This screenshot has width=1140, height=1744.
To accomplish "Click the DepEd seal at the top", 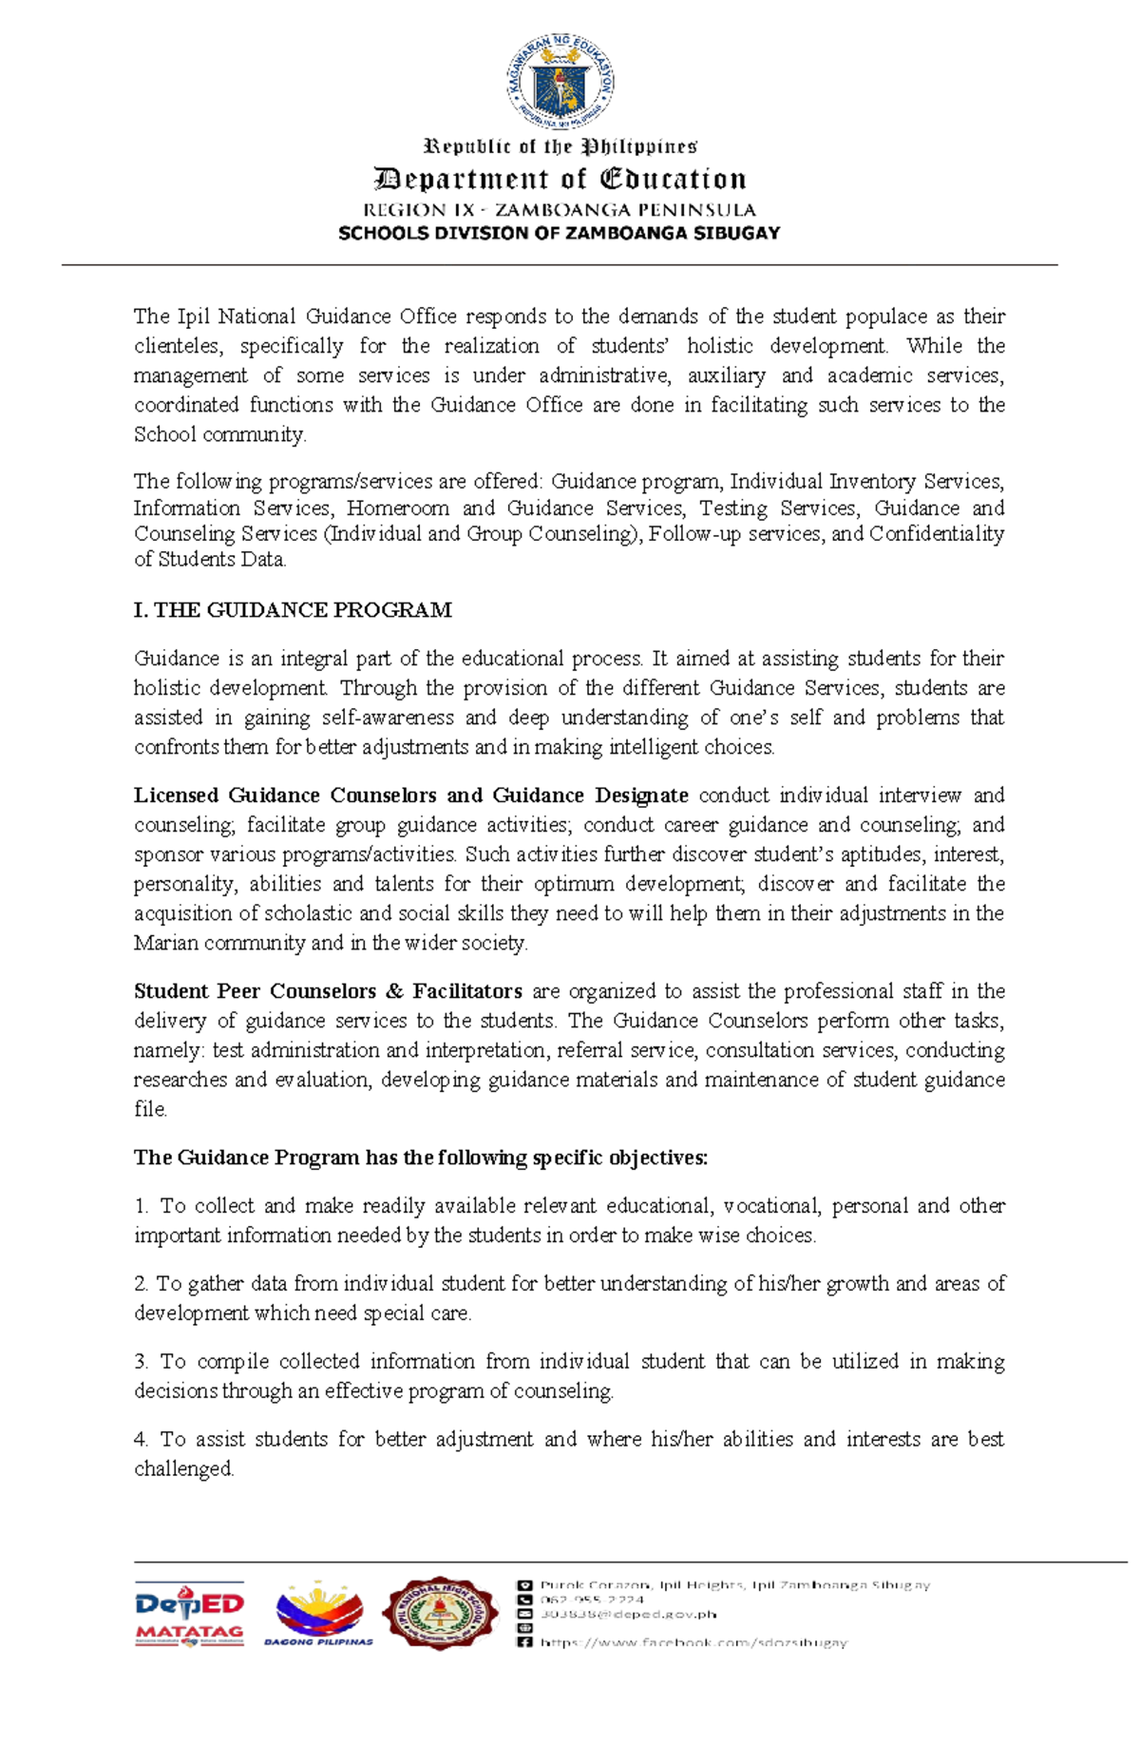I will pyautogui.click(x=560, y=82).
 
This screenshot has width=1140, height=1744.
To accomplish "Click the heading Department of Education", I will pyautogui.click(x=560, y=180).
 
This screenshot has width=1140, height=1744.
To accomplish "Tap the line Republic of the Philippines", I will pyautogui.click(x=560, y=146).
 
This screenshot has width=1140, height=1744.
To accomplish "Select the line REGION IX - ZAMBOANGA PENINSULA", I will pyautogui.click(x=560, y=210).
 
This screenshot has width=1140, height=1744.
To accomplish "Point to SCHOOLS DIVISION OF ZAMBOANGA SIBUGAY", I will pyautogui.click(x=560, y=233).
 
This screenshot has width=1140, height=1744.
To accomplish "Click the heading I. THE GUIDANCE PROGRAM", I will pyautogui.click(x=293, y=610).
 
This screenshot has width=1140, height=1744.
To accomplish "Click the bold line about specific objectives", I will pyautogui.click(x=421, y=1158).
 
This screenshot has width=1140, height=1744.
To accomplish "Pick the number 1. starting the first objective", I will pyautogui.click(x=142, y=1206).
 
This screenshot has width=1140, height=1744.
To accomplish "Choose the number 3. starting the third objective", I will pyautogui.click(x=142, y=1362).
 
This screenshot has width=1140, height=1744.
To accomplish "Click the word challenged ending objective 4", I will pyautogui.click(x=182, y=1469).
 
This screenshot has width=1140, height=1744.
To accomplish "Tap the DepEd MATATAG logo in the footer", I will pyautogui.click(x=189, y=1614).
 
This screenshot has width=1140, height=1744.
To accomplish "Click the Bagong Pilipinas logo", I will pyautogui.click(x=319, y=1614).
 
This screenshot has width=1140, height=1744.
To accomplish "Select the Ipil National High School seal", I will pyautogui.click(x=439, y=1613).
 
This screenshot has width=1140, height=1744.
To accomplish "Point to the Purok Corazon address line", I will pyautogui.click(x=734, y=1585).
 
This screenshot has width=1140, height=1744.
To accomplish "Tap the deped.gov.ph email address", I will pyautogui.click(x=628, y=1614).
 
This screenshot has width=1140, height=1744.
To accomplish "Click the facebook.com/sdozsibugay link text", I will pyautogui.click(x=693, y=1642).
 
